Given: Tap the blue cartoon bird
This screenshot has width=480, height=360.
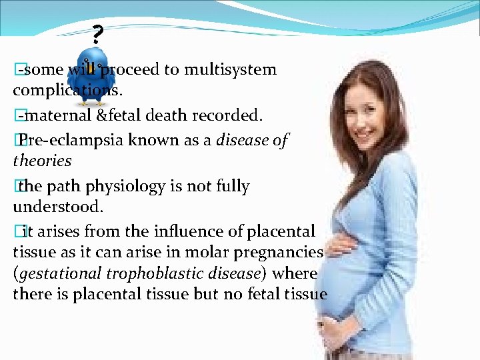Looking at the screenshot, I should click(93, 75).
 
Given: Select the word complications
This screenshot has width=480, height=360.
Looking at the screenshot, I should click(63, 91).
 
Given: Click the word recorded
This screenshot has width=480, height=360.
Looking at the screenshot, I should click(227, 116).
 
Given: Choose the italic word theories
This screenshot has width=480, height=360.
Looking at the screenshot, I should click(42, 161).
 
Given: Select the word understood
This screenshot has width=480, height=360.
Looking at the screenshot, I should click(58, 207).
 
